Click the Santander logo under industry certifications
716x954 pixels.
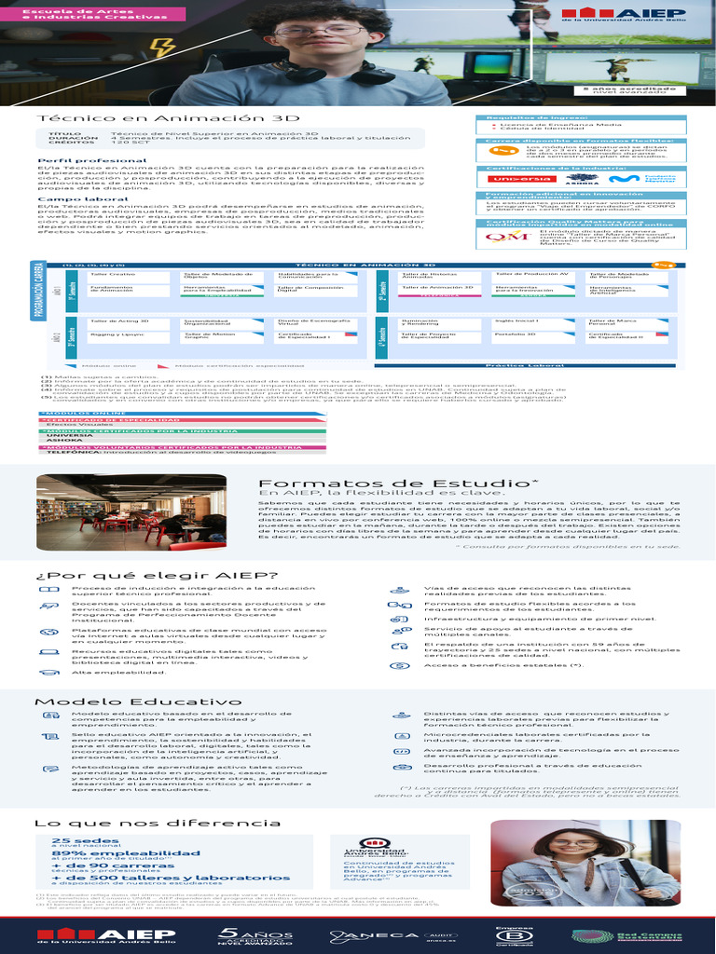click(x=508, y=179)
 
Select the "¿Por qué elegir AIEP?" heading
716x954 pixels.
click(x=126, y=576)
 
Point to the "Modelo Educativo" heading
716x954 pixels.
click(x=125, y=701)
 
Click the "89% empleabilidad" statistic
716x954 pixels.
click(x=113, y=852)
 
